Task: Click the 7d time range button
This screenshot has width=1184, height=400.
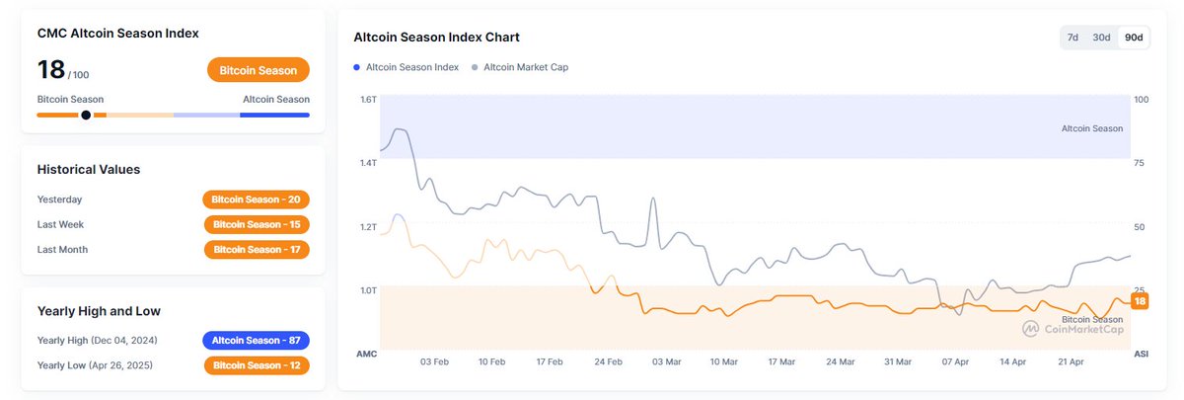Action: tap(1073, 38)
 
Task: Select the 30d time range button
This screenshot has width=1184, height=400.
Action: tap(1102, 38)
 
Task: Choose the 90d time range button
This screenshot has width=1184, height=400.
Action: tap(1134, 38)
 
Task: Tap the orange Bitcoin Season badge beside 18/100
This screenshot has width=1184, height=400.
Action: tap(259, 70)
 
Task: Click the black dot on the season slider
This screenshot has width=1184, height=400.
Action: tap(86, 115)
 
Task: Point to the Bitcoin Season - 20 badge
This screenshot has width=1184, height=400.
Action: tap(256, 200)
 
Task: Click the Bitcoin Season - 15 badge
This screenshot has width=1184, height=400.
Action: tap(256, 224)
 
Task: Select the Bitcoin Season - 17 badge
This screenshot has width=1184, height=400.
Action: tap(256, 250)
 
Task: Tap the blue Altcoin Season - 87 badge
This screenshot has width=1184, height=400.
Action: tap(256, 341)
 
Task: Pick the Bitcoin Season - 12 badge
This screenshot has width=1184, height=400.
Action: tap(256, 366)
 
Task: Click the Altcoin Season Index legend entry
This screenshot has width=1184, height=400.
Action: tap(407, 67)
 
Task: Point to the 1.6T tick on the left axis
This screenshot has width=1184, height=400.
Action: tap(369, 100)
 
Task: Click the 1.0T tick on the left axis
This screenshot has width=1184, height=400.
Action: tap(369, 290)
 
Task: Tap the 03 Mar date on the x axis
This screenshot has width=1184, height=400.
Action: tap(666, 362)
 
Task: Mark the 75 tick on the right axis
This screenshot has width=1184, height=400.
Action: tap(1141, 163)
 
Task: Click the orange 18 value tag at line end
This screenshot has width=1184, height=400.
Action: tap(1140, 301)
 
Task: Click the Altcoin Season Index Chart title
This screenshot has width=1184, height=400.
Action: tap(436, 38)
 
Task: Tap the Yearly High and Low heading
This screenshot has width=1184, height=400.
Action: tap(99, 311)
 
